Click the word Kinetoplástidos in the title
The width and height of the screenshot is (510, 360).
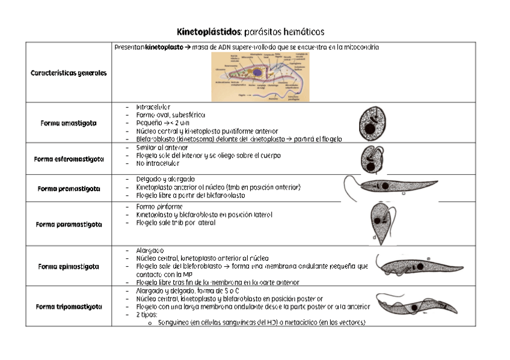208,31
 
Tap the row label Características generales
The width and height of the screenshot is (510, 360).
69,73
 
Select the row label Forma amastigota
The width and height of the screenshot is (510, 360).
69,123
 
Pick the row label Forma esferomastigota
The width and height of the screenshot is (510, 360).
69,159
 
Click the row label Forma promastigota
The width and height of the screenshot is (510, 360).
69,188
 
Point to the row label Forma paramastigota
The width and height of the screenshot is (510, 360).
69,224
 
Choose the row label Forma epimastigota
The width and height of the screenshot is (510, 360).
69,266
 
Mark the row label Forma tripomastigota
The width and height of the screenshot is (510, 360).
69,306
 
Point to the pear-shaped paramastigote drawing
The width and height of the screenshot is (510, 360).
381,222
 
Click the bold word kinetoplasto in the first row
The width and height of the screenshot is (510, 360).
164,47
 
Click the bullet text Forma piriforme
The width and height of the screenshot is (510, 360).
155,207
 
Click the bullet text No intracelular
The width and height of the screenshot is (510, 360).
158,163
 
